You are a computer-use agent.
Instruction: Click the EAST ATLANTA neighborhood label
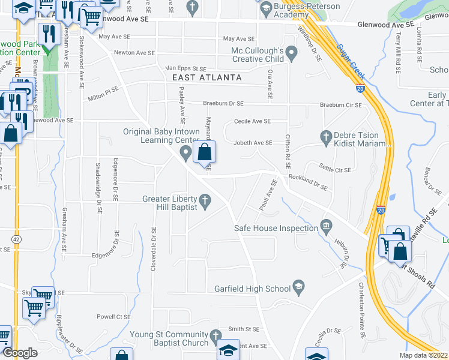(x=206, y=78)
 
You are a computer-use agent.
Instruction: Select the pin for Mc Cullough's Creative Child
(x=292, y=55)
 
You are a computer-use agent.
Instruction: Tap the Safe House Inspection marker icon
(x=326, y=227)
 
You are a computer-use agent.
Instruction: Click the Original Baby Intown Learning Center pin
(x=186, y=154)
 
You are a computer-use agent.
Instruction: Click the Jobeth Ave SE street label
(x=253, y=143)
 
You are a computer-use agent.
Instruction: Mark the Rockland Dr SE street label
(x=308, y=182)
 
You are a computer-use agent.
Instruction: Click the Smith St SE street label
(x=243, y=329)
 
